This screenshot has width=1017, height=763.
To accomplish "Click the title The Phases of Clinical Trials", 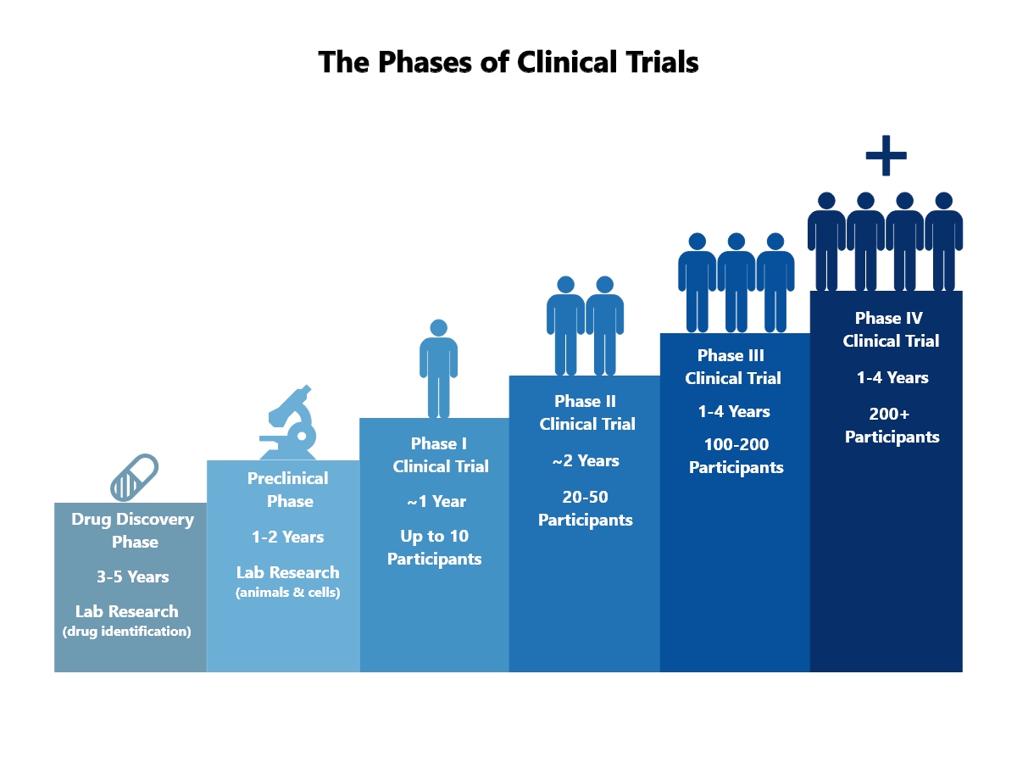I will click(508, 63).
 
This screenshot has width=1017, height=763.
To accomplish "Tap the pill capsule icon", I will click(135, 476).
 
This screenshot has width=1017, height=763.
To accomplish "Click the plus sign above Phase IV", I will click(886, 155).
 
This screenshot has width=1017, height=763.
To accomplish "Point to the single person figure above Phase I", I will click(438, 368).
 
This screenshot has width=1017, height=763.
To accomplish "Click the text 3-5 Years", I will click(132, 576).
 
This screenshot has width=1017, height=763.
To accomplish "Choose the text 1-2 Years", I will click(287, 537).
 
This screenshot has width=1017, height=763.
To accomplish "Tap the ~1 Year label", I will click(436, 501).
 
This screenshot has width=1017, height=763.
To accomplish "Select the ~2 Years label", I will click(586, 460).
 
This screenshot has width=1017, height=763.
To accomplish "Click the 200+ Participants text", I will click(892, 426).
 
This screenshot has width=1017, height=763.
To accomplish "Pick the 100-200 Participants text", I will click(736, 456).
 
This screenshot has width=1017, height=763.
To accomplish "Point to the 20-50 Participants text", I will click(586, 509).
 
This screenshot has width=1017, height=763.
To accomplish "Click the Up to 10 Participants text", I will click(435, 548).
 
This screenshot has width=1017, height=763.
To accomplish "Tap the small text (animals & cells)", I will click(287, 593).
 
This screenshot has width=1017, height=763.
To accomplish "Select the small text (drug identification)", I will click(127, 632).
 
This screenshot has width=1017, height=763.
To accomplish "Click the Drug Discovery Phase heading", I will click(133, 531).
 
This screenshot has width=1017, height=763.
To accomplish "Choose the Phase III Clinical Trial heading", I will click(733, 366).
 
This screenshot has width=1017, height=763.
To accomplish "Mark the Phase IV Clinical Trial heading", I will click(890, 329).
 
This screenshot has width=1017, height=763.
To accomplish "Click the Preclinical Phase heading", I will click(288, 490).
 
